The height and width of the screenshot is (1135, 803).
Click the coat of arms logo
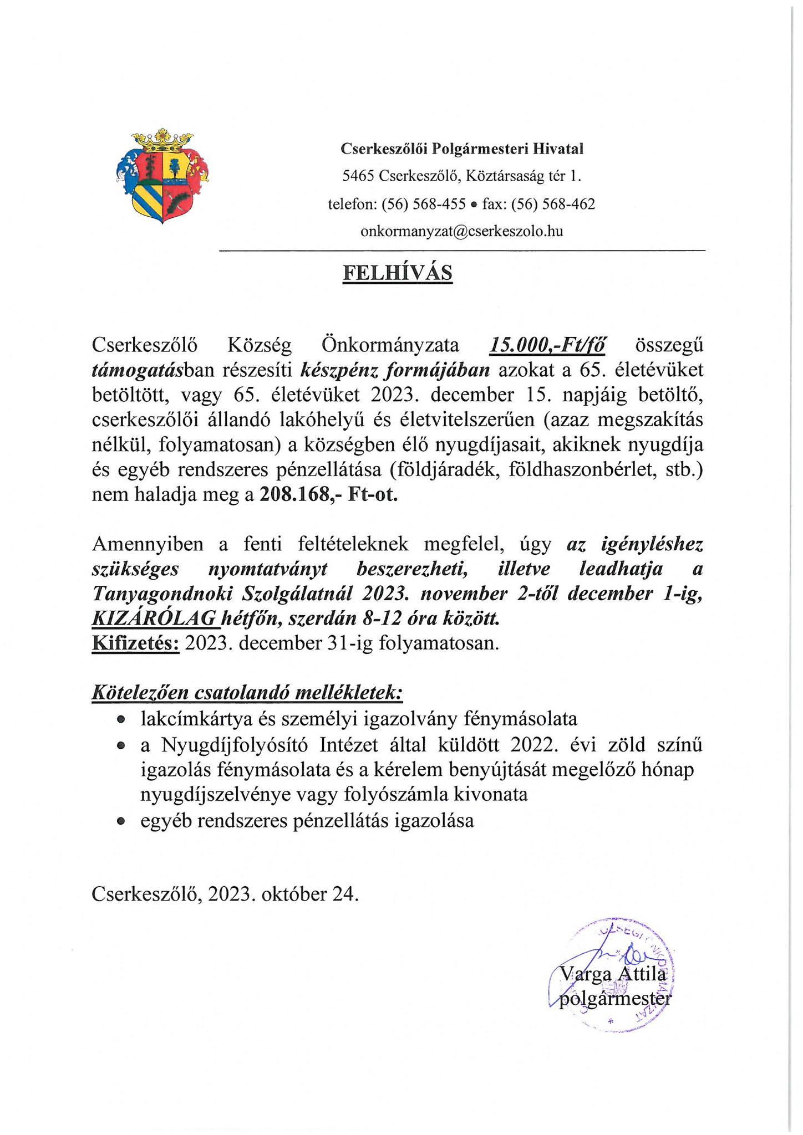[162, 176]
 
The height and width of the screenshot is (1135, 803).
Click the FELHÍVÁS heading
[397, 273]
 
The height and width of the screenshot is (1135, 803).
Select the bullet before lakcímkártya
[121, 720]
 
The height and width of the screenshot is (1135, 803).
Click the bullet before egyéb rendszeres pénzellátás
[121, 821]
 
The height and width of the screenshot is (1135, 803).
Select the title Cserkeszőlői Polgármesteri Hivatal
[461, 149]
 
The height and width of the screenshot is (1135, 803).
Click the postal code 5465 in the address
[358, 176]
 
